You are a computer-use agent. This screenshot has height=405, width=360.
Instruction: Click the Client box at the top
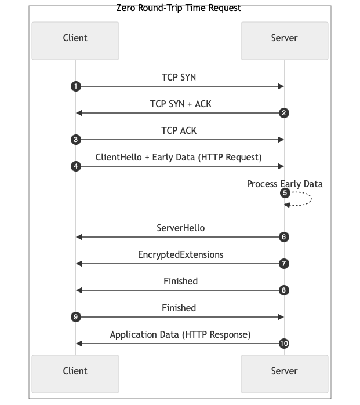pyautogui.click(x=75, y=38)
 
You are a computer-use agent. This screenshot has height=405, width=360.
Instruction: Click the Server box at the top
pyautogui.click(x=284, y=38)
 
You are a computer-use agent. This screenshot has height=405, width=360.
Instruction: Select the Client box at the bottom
pyautogui.click(x=75, y=371)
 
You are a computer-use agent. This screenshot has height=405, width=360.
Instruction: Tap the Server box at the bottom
pyautogui.click(x=284, y=371)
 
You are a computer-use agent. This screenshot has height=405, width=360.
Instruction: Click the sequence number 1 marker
pyautogui.click(x=75, y=86)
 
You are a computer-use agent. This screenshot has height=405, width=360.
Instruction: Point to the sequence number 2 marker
pyautogui.click(x=284, y=113)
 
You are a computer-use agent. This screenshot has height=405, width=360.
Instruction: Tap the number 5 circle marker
pyautogui.click(x=284, y=193)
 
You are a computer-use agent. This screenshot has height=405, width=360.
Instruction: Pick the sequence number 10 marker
pyautogui.click(x=284, y=344)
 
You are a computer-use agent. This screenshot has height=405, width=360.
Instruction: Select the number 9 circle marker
pyautogui.click(x=75, y=317)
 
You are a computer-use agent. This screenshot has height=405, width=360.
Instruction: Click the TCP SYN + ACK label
pyautogui.click(x=179, y=104)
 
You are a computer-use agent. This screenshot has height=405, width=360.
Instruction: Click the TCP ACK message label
pyautogui.click(x=179, y=130)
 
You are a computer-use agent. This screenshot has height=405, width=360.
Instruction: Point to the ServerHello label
pyautogui.click(x=180, y=228)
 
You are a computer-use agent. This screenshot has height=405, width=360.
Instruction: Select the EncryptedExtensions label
pyautogui.click(x=180, y=254)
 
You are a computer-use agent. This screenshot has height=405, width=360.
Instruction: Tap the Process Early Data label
pyautogui.click(x=285, y=184)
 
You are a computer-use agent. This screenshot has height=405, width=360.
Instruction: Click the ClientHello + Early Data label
pyautogui.click(x=179, y=157)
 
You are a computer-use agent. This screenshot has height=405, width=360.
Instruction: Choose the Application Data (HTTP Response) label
pyautogui.click(x=180, y=334)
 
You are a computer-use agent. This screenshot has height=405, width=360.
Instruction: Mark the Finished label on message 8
pyautogui.click(x=180, y=281)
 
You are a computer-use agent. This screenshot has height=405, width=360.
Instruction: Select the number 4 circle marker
pyautogui.click(x=75, y=166)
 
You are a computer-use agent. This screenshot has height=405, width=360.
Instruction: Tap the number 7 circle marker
pyautogui.click(x=284, y=264)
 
